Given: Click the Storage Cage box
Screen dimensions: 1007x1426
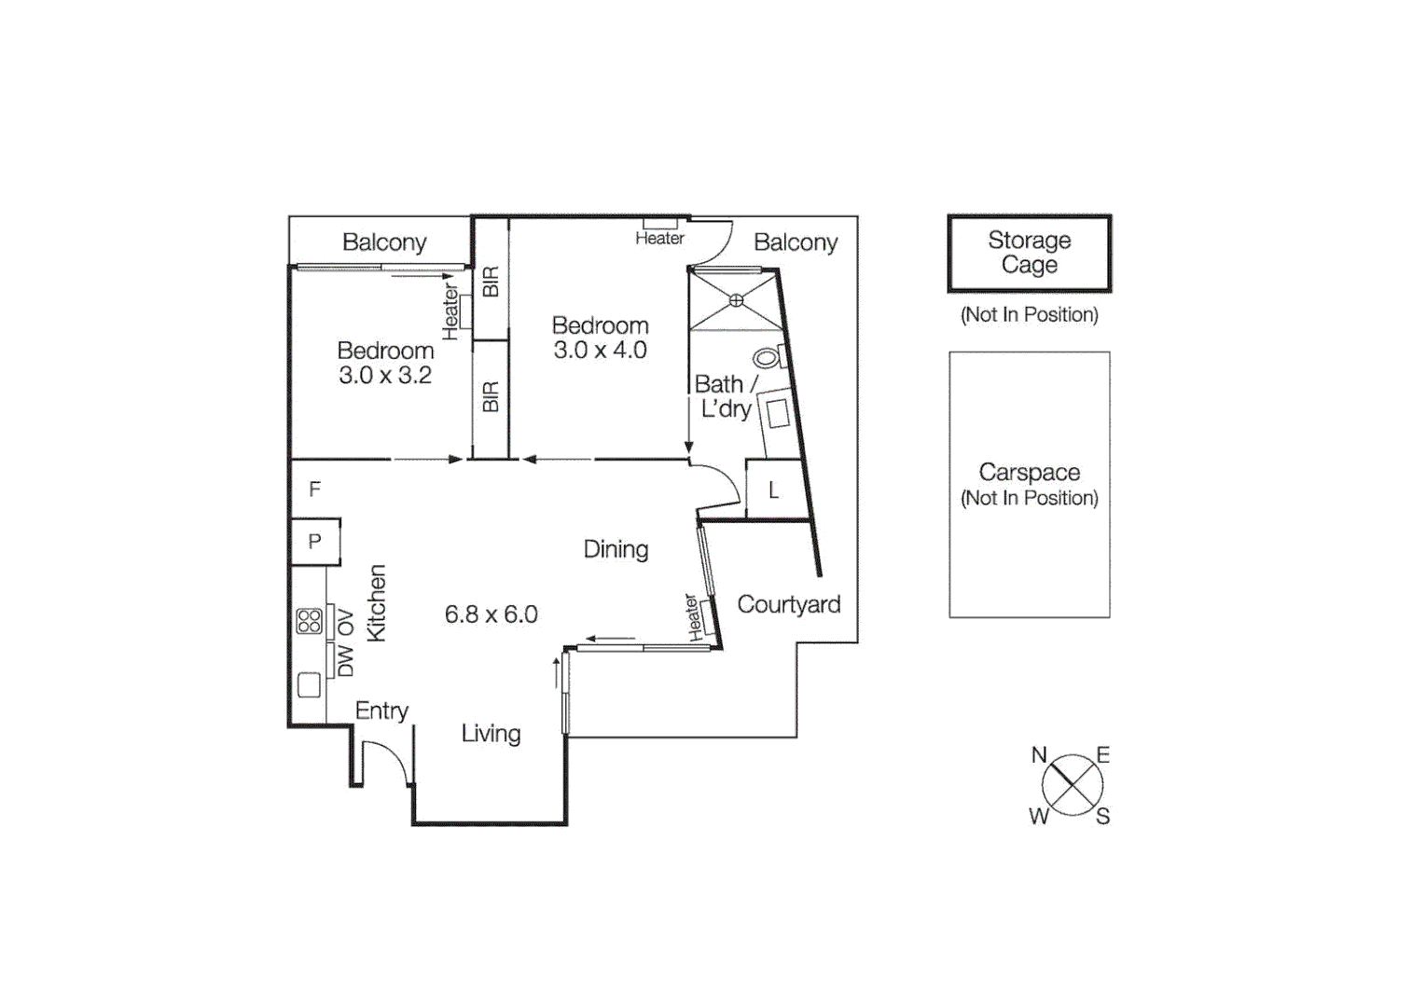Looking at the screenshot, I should coord(1029,253).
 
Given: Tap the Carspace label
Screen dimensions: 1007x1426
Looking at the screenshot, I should coord(1029,473).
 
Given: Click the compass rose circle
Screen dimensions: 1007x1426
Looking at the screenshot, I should coord(1072,785).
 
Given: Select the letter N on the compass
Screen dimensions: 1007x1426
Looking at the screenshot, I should coord(1039,755).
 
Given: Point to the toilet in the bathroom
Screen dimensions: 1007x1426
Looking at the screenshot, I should coord(768,357).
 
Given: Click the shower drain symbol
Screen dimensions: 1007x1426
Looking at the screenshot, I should coord(736,300).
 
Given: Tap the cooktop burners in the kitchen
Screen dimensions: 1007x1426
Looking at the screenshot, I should coord(309,621).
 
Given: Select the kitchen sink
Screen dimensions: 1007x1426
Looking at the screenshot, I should coord(309,685).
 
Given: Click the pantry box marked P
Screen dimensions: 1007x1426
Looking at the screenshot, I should coord(315,542).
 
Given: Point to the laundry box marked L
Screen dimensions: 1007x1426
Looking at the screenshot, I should coord(773,490).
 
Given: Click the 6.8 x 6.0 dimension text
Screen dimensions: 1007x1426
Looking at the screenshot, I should coord(491,614).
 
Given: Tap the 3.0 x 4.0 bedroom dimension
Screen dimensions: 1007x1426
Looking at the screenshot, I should coord(600,351).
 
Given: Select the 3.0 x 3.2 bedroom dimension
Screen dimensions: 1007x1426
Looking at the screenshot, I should coord(385,376).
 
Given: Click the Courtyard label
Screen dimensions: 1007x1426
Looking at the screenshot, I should coord(788,604).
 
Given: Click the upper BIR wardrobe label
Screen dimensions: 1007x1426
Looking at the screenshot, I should coord(491,282).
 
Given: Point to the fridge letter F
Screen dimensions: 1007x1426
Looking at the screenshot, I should coord(315,490).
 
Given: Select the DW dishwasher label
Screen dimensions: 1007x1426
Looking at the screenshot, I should coord(346,661).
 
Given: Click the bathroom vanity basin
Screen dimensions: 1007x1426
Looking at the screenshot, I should coord(777,413).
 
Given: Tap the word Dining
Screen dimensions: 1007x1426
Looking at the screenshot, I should coord(616,549).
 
